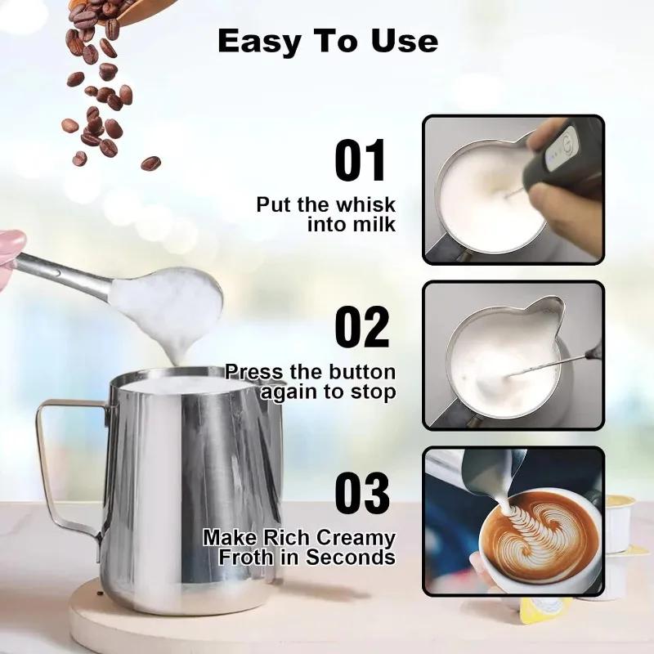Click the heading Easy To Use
point(327,42)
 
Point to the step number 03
point(361,493)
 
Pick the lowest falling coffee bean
point(150,163)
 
